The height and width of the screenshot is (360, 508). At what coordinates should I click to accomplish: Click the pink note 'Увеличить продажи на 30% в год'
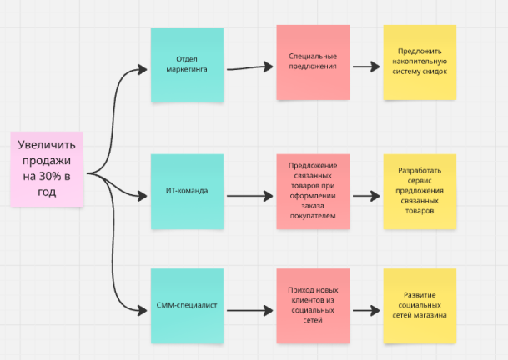click(48, 169)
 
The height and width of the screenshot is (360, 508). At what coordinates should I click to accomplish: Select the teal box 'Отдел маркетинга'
click(187, 65)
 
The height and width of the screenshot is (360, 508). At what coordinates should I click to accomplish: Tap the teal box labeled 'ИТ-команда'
click(187, 192)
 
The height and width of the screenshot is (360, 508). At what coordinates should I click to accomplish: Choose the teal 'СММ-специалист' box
click(187, 305)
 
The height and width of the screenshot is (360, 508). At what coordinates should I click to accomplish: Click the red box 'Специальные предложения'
click(313, 62)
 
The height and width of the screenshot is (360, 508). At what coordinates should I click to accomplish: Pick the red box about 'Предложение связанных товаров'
click(313, 191)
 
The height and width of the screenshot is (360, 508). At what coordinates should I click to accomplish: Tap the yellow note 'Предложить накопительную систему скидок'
click(420, 63)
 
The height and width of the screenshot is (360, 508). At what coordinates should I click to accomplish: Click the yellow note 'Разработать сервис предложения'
click(420, 191)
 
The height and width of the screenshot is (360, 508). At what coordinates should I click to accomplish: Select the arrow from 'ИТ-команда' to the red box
click(249, 197)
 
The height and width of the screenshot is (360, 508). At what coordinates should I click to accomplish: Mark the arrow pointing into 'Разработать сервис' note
click(364, 197)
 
